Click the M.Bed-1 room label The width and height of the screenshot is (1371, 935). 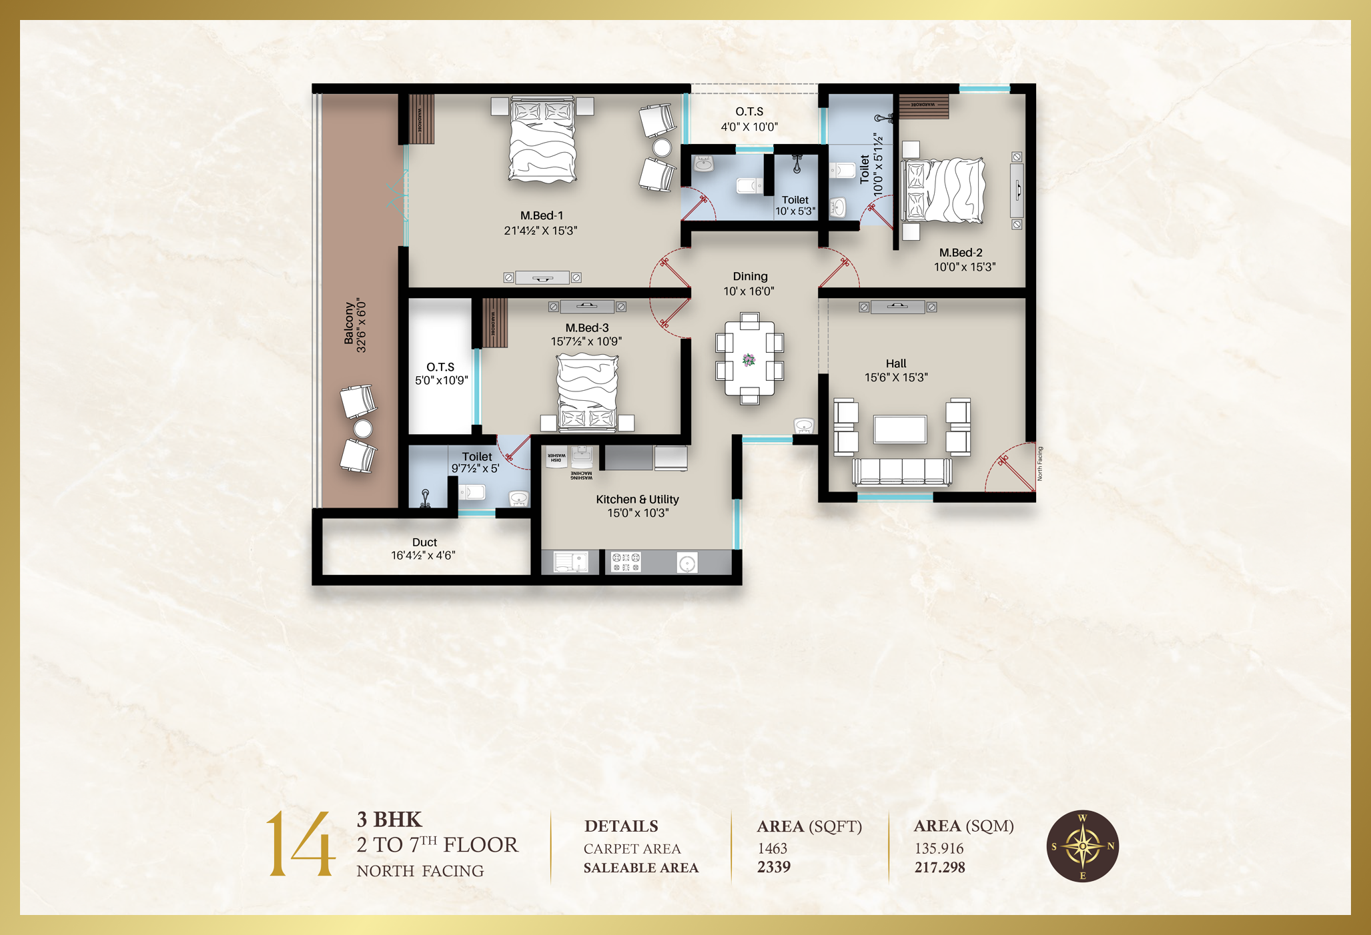coord(541,215)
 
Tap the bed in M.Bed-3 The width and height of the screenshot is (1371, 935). coord(587,391)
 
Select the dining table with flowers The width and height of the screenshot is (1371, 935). coord(749,359)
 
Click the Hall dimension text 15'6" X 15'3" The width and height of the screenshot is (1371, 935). coord(896,377)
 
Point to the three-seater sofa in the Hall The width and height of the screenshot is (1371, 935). coord(902,472)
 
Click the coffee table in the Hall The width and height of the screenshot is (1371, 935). coord(900,429)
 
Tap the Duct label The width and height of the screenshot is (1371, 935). coord(424,542)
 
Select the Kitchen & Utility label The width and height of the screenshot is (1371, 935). coord(637,500)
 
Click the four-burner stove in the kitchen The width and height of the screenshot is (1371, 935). coord(626,562)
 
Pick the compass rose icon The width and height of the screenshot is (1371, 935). coord(1082,846)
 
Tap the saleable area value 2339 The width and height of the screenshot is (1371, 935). coord(774,867)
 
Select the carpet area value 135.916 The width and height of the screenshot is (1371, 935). coord(939,848)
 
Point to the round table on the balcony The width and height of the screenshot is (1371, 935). coord(363,429)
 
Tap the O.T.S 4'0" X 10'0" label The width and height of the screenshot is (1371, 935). coord(749,119)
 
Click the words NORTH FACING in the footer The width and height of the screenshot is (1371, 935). coord(420,871)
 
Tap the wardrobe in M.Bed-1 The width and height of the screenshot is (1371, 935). coord(420,119)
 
